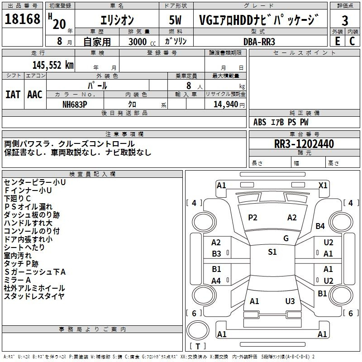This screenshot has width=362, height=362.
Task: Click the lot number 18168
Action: tap(22, 19)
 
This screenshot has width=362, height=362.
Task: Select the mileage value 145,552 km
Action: tap(53, 65)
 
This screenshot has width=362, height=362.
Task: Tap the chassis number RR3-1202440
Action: tap(304, 144)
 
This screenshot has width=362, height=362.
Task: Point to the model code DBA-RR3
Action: tap(259, 42)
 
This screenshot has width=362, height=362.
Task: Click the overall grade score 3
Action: tap(345, 21)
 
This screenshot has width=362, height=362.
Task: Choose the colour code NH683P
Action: tap(75, 105)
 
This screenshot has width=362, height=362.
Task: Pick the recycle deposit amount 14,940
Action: tap(225, 105)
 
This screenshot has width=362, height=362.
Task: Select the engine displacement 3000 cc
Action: tap(142, 42)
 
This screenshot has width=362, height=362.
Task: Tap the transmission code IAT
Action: tap(13, 95)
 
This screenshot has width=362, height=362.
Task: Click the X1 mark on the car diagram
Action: tap(323, 186)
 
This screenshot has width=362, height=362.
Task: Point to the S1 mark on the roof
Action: tap(272, 252)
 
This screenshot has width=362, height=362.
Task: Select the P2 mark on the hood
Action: tap(252, 218)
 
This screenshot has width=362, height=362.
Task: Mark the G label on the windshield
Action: tap(286, 238)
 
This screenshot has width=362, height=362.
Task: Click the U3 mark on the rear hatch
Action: tap(290, 301)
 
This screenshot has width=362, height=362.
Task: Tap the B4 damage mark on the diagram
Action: tap(320, 226)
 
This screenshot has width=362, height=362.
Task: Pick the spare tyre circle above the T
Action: tap(198, 330)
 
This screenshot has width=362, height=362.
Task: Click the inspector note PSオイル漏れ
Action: tap(28, 207)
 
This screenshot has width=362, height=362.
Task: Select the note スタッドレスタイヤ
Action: tap(34, 296)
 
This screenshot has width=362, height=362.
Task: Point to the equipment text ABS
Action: tap(260, 122)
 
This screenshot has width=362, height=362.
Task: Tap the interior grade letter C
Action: tap(352, 41)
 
